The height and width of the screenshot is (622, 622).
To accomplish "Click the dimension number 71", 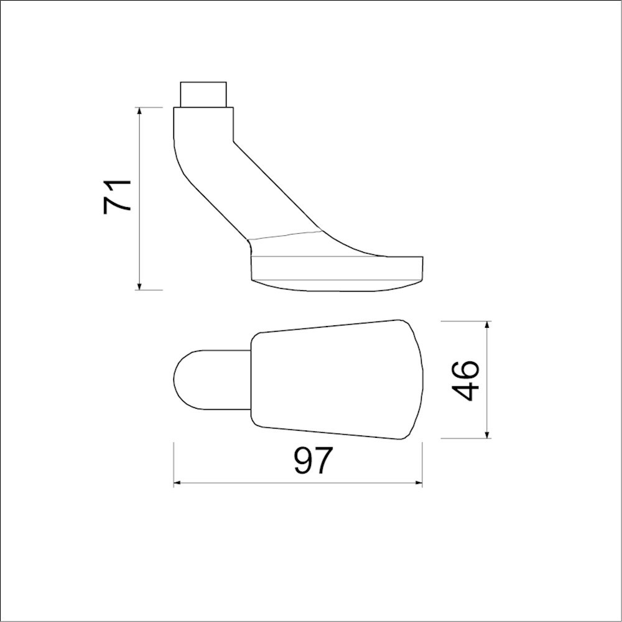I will pyautogui.click(x=118, y=196).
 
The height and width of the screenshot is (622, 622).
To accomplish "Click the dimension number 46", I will pyautogui.click(x=466, y=380).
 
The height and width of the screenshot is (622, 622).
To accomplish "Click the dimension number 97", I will pyautogui.click(x=313, y=461).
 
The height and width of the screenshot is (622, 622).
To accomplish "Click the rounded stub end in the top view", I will pyautogui.click(x=190, y=380).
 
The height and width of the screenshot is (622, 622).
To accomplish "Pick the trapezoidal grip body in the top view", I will pyautogui.click(x=336, y=380).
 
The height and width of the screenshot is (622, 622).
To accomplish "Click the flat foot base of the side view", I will pyautogui.click(x=336, y=267).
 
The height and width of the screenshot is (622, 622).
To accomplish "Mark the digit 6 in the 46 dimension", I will pyautogui.click(x=466, y=370).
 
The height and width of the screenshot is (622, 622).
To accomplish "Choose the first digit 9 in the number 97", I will pyautogui.click(x=304, y=461).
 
